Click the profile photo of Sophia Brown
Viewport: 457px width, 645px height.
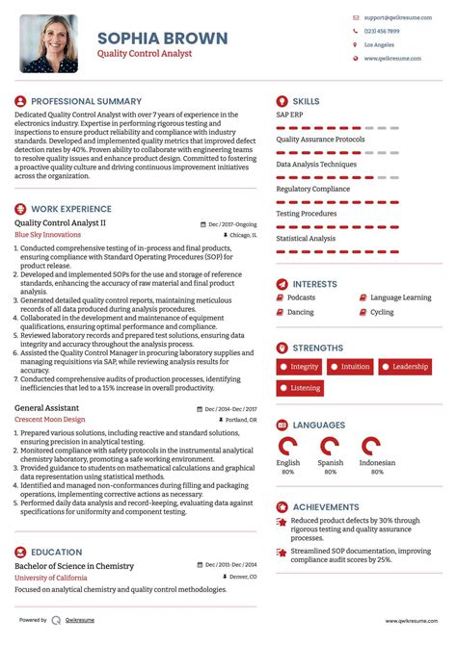(49, 43)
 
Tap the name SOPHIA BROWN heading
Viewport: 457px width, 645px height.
(162, 39)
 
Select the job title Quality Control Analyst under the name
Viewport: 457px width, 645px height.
(144, 55)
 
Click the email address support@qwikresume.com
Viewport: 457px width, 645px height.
(391, 17)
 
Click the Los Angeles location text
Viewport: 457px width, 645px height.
(378, 44)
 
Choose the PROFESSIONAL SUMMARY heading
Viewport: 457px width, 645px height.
(86, 101)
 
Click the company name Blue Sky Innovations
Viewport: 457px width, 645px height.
(48, 234)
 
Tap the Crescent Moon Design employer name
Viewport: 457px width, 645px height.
(50, 419)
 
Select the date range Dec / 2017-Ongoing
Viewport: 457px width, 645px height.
(233, 223)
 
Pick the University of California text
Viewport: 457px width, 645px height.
(53, 578)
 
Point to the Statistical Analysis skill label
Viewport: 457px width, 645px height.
(306, 238)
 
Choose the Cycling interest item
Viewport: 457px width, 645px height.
(382, 312)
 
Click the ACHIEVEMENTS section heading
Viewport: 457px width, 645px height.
(326, 506)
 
